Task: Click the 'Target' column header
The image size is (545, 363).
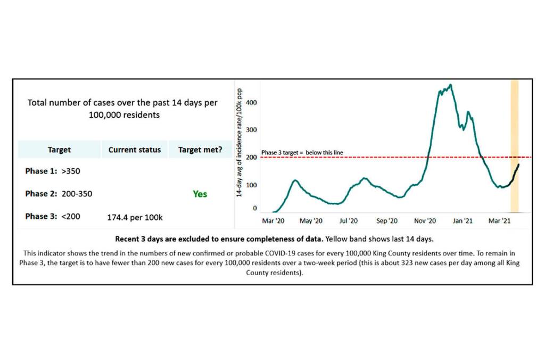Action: click(59, 150)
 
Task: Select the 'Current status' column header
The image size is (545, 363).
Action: click(135, 150)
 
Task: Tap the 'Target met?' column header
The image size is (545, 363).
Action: click(200, 150)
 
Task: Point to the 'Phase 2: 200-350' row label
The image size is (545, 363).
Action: click(59, 194)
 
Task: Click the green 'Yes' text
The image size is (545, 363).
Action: click(200, 194)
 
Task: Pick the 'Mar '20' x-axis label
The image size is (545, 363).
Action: click(275, 220)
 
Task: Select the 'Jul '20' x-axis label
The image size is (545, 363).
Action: click(349, 220)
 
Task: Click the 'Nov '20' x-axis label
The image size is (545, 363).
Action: click(425, 220)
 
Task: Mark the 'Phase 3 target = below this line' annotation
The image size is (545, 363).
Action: click(302, 153)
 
